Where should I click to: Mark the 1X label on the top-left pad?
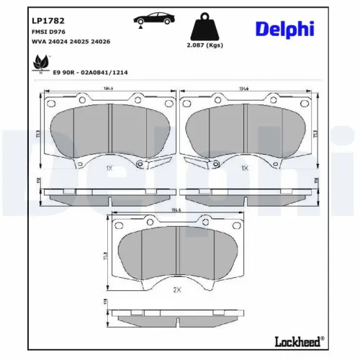[109, 167]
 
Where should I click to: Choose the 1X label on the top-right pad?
[245, 167]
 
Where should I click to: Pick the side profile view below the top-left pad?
[108, 194]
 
